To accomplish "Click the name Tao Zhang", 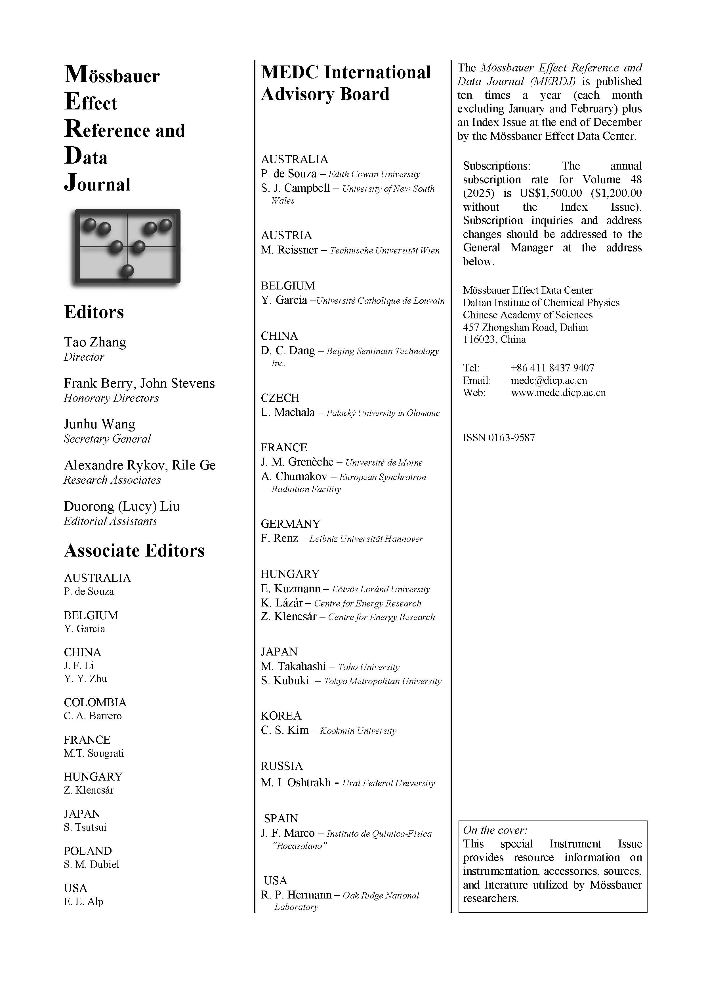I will [x=95, y=342].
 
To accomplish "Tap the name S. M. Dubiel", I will [x=91, y=864].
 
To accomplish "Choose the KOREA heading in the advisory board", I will [x=281, y=716].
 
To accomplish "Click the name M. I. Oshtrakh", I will [x=296, y=783].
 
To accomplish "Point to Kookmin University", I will [x=358, y=731].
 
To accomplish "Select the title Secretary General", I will [x=107, y=439].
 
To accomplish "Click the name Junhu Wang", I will [x=100, y=424].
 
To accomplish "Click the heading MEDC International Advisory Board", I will [x=346, y=83].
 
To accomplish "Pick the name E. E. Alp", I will [x=83, y=902].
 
